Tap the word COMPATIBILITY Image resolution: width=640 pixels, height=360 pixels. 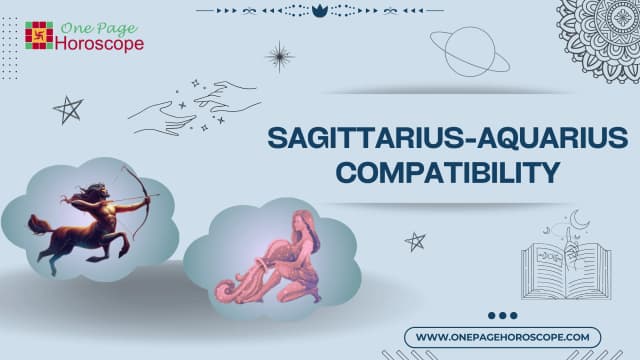tap(445, 171)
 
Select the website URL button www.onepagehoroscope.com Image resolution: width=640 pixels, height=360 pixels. tap(503, 337)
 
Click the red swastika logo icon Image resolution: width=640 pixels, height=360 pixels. tap(39, 35)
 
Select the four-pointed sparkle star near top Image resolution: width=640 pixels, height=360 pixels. tap(279, 56)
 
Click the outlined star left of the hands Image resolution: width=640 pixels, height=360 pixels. tap(68, 109)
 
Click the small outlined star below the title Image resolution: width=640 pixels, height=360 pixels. tap(414, 240)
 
